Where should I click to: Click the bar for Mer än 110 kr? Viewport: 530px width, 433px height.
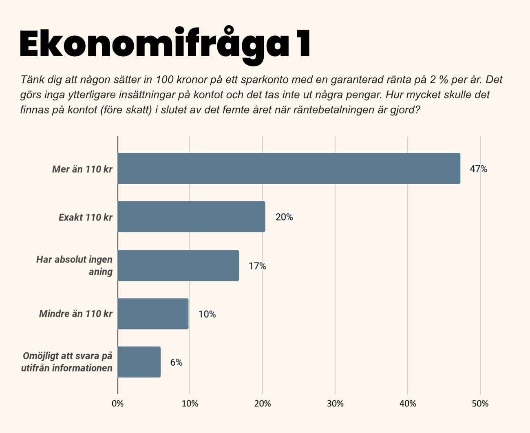coord(289,168)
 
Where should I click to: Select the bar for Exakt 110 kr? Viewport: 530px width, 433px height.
coord(191,216)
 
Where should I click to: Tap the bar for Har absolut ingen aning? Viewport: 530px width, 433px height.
coord(178,265)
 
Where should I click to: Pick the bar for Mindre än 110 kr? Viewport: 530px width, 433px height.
coord(153,314)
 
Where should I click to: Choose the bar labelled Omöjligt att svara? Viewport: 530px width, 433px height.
coord(139,362)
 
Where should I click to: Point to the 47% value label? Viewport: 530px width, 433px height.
coord(478,169)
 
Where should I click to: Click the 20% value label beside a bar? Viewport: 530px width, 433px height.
coord(284,217)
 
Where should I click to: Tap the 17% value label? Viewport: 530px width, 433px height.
coord(257,266)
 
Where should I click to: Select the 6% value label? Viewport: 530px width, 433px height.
coord(176,362)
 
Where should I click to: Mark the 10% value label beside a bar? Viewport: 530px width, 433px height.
coord(207,314)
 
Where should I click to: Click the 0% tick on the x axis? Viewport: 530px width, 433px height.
coord(117,404)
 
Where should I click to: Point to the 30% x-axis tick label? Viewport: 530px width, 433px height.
coord(335,404)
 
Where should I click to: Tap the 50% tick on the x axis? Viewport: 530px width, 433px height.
coord(480,404)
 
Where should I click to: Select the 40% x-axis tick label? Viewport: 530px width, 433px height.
coord(408,404)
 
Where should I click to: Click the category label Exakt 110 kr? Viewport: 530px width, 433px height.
coord(85,217)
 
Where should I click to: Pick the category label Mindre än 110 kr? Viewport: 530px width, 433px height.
coord(75,314)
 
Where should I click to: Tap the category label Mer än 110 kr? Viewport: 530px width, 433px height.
coord(82,169)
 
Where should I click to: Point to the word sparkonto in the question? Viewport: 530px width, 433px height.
coord(268,80)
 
